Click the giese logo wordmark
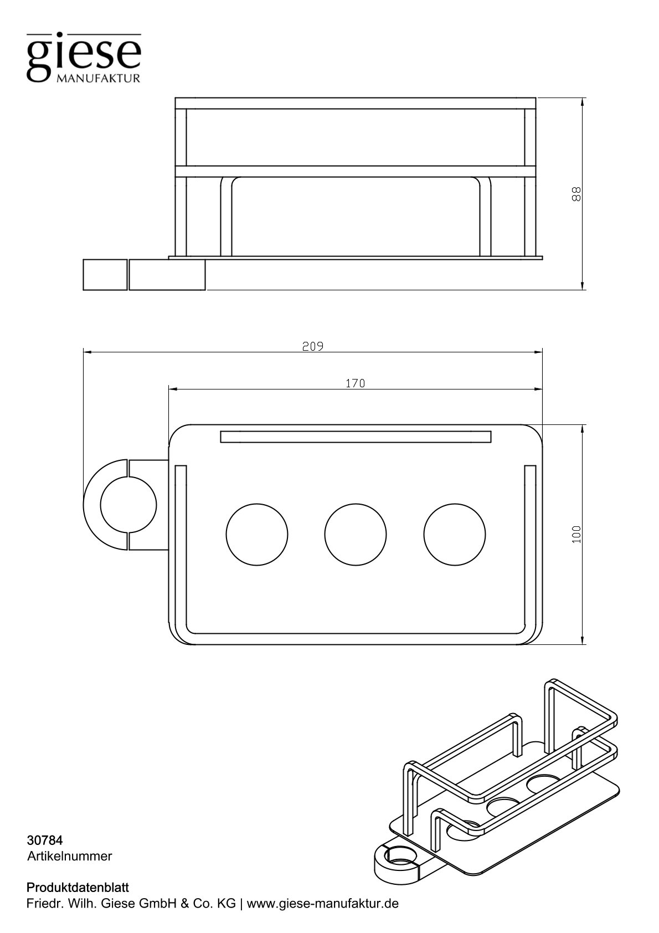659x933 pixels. point(84,55)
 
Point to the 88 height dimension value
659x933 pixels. point(576,194)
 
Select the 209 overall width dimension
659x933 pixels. point(313,346)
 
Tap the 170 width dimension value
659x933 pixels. point(355,383)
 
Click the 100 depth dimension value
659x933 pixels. point(576,534)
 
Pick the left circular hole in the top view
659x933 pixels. point(257,535)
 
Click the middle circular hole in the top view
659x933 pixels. point(355,535)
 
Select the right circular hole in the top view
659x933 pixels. point(454,535)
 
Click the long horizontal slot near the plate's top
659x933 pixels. point(355,437)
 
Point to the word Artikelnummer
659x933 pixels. point(69,857)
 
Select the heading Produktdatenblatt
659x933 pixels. point(78,888)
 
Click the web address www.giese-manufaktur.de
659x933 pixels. point(322,904)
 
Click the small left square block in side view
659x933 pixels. point(105,274)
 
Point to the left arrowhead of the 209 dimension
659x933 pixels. point(87,351)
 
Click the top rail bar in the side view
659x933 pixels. point(355,103)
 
